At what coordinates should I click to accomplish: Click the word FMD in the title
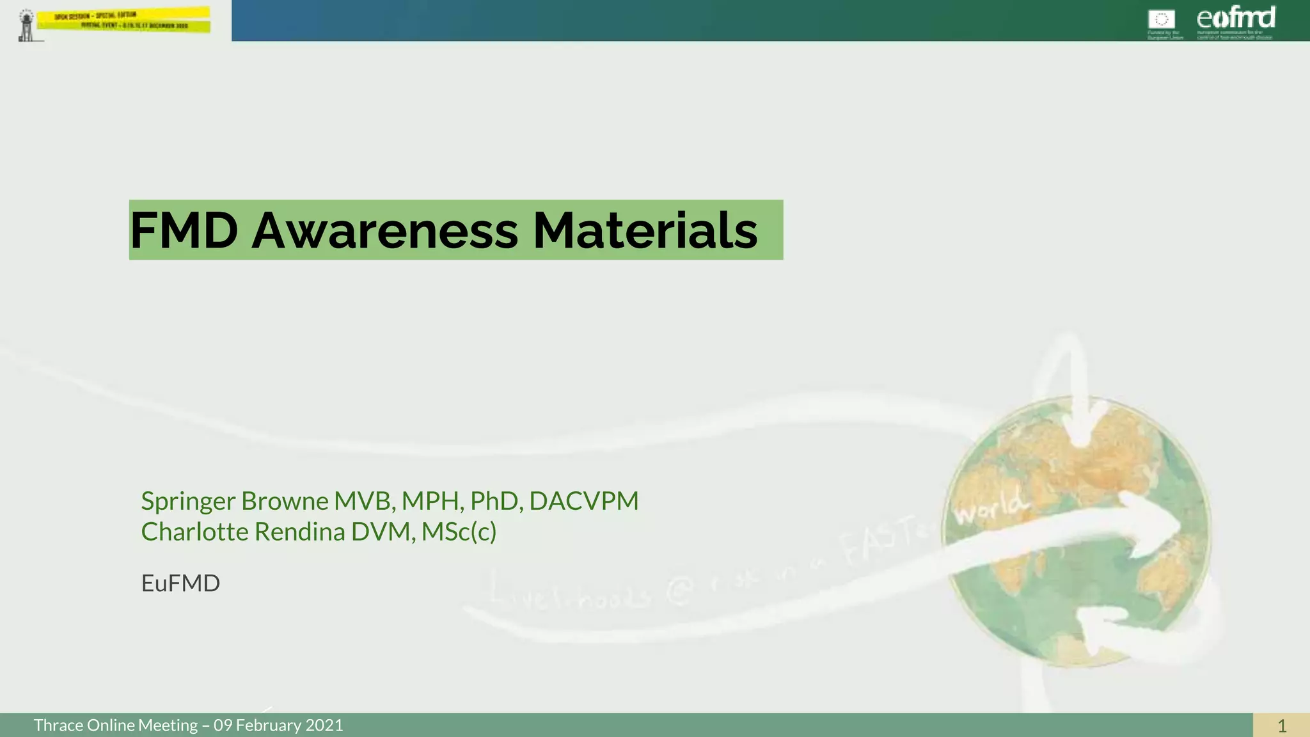[184, 230]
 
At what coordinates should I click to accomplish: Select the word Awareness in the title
[384, 230]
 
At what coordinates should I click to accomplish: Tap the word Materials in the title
[645, 230]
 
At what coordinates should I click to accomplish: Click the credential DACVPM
[583, 501]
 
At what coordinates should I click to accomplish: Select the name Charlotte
[195, 532]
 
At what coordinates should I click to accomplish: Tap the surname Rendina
[300, 532]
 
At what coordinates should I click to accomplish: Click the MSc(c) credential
[459, 532]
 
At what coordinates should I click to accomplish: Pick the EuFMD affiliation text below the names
[180, 583]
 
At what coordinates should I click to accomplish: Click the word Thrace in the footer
[58, 725]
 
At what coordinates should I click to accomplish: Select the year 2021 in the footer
[324, 725]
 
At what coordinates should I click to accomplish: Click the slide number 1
[1281, 725]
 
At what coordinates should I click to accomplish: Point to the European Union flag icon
[1161, 19]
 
